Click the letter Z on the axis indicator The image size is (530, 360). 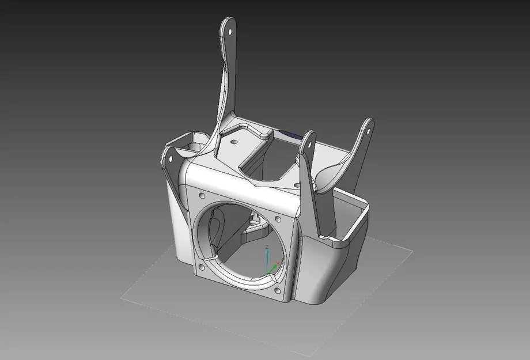tap(267, 247)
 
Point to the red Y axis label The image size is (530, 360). tap(278, 263)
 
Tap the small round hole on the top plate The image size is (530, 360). tap(234, 140)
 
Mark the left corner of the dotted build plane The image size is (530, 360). tap(121, 299)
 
